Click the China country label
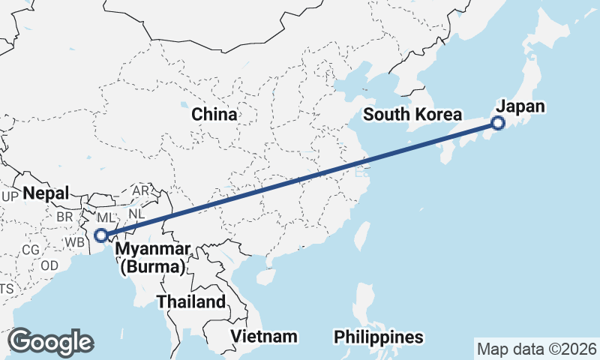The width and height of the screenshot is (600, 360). point(214,115)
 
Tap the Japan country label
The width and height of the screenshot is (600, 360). point(520,106)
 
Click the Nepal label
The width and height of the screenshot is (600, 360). point(46,193)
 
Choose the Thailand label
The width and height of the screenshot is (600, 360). point(190,302)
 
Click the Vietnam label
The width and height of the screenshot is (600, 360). point(263,336)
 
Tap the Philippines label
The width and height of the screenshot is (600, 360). point(379,336)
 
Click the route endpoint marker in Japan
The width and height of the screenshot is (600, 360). point(498,124)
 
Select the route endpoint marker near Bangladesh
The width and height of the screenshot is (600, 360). point(101,235)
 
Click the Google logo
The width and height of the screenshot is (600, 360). point(50,342)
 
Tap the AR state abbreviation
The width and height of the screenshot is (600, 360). point(140,191)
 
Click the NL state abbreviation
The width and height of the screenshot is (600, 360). point(136,213)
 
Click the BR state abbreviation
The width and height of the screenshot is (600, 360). point(65,217)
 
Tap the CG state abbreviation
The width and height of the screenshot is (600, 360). point(31,250)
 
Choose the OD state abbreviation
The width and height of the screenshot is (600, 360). point(49,265)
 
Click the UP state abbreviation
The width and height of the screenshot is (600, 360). point(10,196)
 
